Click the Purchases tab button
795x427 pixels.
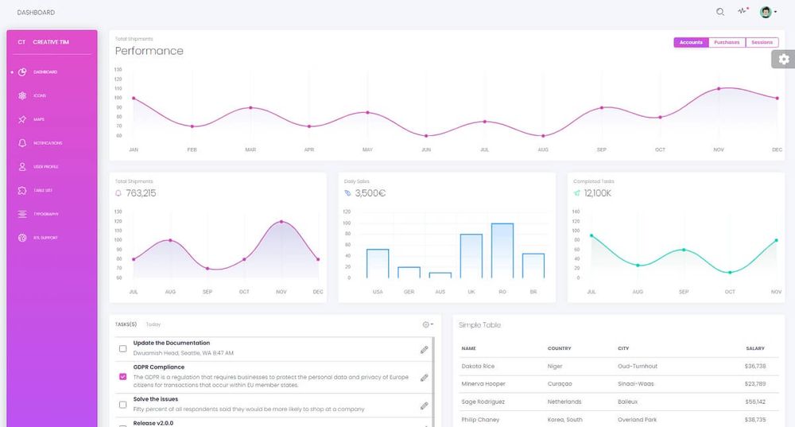pos(727,42)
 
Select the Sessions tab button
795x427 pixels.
pos(762,42)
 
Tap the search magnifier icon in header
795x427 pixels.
pos(720,12)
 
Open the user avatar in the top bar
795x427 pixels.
pos(766,12)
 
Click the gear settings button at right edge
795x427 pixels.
pos(784,59)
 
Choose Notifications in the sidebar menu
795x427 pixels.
pos(48,143)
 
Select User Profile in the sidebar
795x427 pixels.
pos(45,167)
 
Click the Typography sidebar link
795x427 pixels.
pos(45,214)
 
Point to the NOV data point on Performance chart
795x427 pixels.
pos(719,88)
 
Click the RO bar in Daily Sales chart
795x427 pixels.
pos(502,250)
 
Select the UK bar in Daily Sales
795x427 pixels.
pos(471,255)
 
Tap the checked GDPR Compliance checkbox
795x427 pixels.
pos(122,376)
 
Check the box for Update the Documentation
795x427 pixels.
pos(122,348)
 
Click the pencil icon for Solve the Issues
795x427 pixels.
pos(424,406)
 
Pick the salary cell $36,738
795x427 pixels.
pos(754,366)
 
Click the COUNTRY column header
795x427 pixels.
pos(559,348)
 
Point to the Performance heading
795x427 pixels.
pos(149,51)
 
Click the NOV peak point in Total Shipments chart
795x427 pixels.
pos(281,222)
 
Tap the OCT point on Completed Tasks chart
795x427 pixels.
pos(730,272)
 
